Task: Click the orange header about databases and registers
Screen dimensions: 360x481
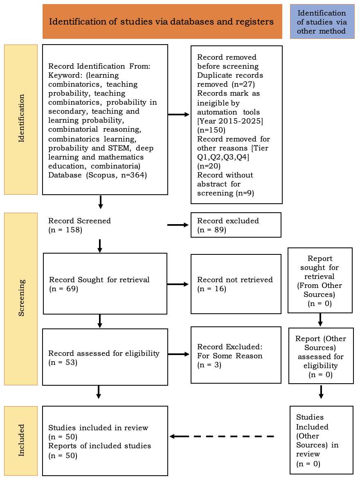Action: [x=162, y=21]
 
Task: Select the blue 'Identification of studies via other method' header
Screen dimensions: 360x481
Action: [x=322, y=21]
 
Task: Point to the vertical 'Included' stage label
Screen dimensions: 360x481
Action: [x=21, y=441]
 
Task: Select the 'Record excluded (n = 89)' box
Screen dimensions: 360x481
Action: [x=236, y=225]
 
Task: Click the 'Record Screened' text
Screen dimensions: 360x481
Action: [x=79, y=221]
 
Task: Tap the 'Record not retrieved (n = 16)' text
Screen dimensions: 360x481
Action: [x=235, y=284]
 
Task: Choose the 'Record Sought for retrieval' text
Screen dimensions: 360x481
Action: [x=99, y=280]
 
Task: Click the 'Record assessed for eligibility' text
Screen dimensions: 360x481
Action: [x=104, y=353]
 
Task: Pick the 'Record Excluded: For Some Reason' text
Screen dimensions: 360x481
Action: [x=230, y=351]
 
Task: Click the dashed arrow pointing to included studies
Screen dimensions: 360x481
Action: [x=222, y=436]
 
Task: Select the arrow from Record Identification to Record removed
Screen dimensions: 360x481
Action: [x=179, y=115]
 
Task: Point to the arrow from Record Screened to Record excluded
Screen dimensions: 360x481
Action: [x=178, y=225]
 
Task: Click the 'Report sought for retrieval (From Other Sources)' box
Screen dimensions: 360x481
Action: [x=320, y=281]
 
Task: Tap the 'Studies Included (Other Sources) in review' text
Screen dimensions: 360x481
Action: [x=317, y=436]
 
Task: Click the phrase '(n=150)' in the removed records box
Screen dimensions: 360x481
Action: [x=211, y=130]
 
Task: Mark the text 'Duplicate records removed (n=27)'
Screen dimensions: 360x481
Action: [x=230, y=80]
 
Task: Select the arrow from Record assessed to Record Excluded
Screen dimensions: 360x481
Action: [x=179, y=354]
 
